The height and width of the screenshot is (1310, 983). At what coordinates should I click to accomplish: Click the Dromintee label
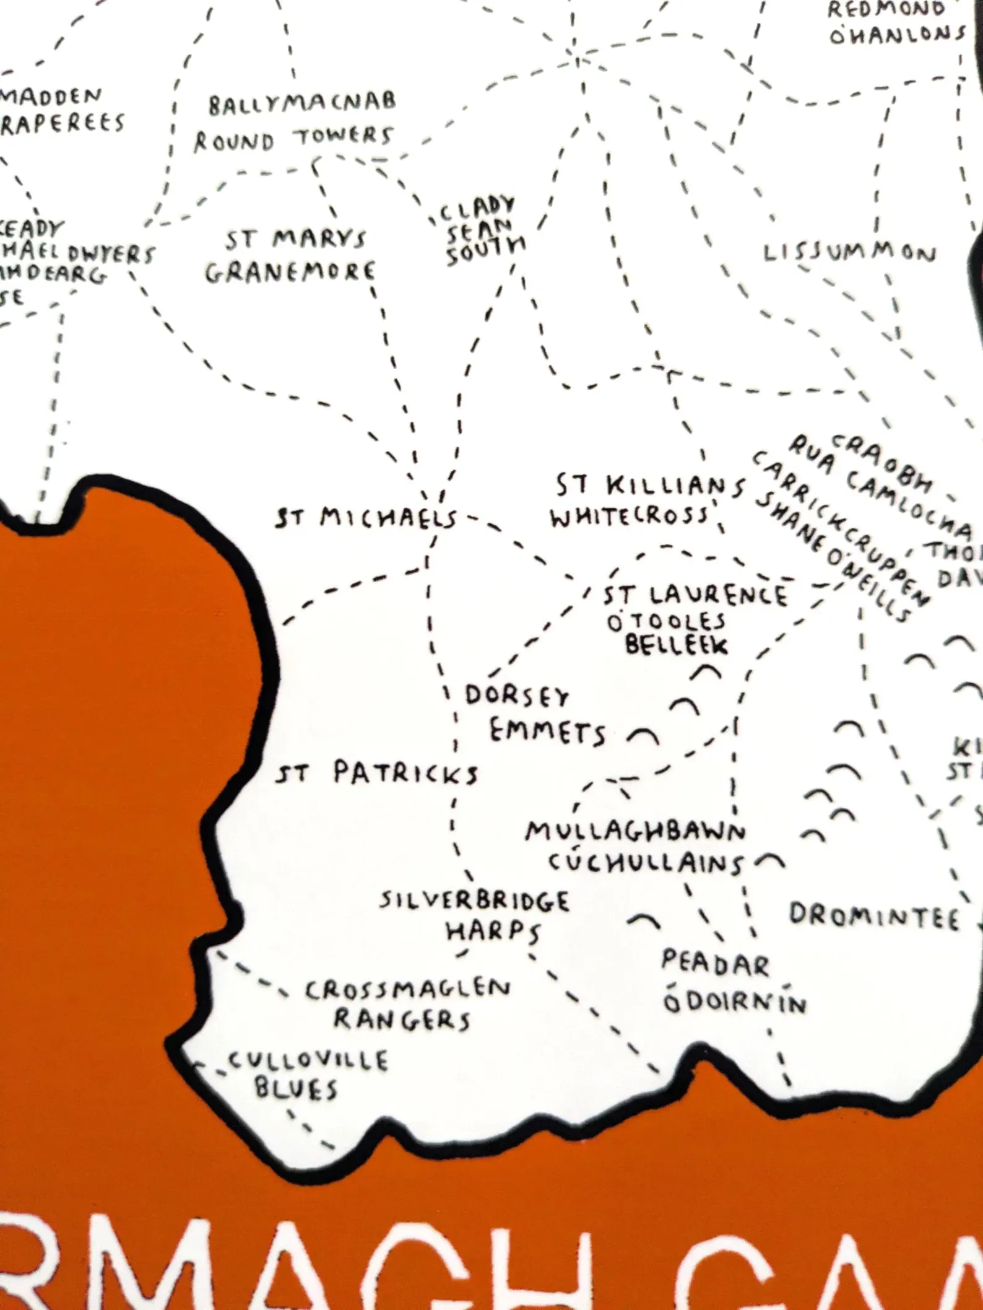coord(874,916)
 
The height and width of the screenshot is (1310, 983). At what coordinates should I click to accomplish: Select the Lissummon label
coord(849,253)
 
